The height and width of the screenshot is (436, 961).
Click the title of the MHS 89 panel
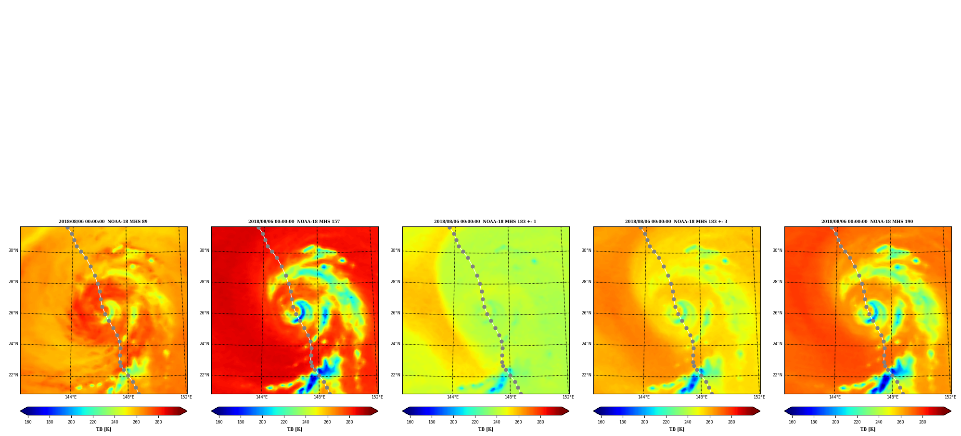(x=103, y=222)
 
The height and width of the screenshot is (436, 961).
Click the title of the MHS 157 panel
(x=294, y=222)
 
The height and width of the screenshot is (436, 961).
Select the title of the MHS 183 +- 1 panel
(x=485, y=222)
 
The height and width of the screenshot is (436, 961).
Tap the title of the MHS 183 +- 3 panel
(x=676, y=222)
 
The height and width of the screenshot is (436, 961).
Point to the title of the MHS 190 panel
(x=867, y=222)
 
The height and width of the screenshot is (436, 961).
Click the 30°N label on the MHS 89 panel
(x=13, y=250)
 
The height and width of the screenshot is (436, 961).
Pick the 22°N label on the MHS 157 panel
(x=205, y=375)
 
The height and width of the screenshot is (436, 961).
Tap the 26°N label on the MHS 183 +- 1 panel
(x=395, y=313)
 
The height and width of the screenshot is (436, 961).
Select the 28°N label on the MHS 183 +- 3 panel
(x=586, y=282)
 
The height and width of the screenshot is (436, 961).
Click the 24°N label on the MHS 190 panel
(x=778, y=344)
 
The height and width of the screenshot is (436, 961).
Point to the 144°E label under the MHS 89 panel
(x=71, y=397)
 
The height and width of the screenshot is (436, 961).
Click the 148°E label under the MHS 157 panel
(x=320, y=397)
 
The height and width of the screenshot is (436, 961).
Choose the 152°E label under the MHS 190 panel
(x=950, y=397)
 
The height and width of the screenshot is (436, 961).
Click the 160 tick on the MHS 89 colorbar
(x=28, y=422)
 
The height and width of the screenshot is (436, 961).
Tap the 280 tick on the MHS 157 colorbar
(x=349, y=422)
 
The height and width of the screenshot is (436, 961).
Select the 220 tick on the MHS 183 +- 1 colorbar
(x=475, y=422)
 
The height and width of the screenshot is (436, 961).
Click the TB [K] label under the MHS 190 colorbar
(x=868, y=429)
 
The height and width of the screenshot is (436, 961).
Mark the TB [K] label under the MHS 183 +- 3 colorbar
(x=677, y=429)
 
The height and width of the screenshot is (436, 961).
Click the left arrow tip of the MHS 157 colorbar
(x=211, y=411)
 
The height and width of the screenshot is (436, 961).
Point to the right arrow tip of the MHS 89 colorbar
(x=187, y=411)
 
